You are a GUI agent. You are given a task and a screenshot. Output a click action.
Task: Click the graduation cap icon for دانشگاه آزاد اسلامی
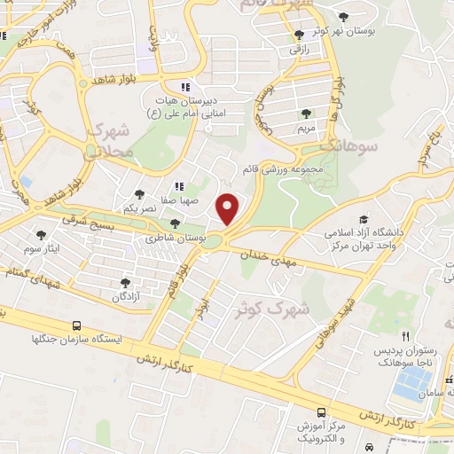point(364,219)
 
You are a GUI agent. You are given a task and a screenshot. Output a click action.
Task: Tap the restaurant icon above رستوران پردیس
point(405,337)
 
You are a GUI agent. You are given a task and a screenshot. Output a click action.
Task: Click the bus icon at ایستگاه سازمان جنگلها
point(77,325)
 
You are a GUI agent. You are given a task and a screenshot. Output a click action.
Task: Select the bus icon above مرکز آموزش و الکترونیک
point(321,412)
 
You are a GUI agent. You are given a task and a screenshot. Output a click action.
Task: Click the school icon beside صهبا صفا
point(178,186)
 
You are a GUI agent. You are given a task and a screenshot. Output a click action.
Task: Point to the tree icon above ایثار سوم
point(41,235)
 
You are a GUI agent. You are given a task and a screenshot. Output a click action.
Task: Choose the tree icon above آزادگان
point(124,284)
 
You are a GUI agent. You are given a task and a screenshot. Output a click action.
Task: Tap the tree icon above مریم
point(306,113)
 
